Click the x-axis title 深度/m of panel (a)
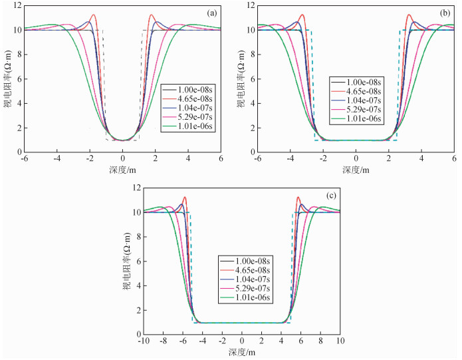[123, 170]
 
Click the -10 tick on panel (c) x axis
[144, 341]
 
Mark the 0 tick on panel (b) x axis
[356, 159]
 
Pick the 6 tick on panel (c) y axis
[138, 262]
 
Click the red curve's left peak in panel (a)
[93, 15]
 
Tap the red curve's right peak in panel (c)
[298, 197]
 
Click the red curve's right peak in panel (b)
[409, 15]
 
